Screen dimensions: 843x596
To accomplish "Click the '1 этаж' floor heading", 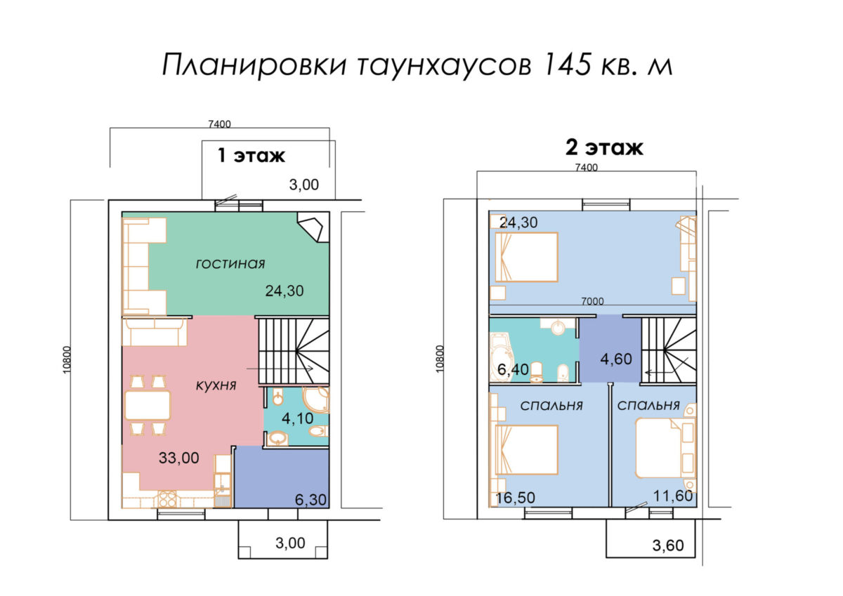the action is [x=251, y=155].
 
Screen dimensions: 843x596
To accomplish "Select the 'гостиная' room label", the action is [x=230, y=264].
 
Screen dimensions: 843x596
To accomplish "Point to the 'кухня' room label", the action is [x=216, y=385].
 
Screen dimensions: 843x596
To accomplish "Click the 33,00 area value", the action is [x=178, y=458].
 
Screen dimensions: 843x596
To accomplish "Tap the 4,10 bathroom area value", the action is [x=297, y=418].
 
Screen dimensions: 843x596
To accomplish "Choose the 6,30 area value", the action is [x=311, y=500].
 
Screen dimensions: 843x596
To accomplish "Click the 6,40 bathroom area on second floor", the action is [x=513, y=370].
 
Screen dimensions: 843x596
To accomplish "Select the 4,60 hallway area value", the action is [x=616, y=359].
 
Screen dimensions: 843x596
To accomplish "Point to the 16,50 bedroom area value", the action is [x=515, y=498].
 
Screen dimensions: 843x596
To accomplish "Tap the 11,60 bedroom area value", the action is [x=673, y=496].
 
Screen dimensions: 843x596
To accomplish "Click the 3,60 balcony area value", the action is [x=668, y=545].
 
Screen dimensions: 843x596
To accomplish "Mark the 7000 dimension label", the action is [x=592, y=301].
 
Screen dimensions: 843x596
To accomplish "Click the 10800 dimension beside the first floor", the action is [x=67, y=360].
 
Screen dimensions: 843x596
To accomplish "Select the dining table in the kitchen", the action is [x=148, y=405].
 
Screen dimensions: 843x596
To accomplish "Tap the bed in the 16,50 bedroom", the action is [x=526, y=449].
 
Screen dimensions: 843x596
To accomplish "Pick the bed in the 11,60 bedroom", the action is [x=660, y=449].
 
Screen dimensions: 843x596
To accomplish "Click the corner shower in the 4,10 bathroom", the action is [x=315, y=399].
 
